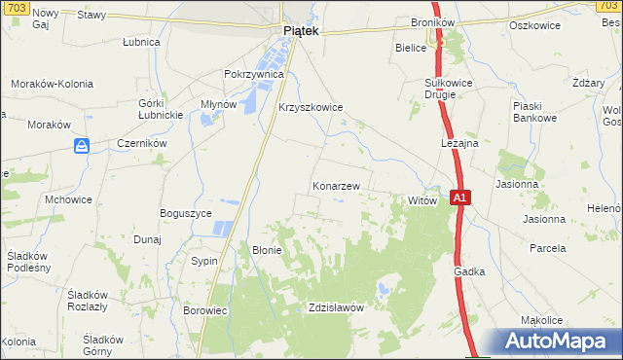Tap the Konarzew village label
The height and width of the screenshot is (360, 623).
pyautogui.click(x=337, y=185)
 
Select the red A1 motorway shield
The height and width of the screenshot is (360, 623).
pyautogui.click(x=461, y=198)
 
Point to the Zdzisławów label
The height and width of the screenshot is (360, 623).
pyautogui.click(x=335, y=306)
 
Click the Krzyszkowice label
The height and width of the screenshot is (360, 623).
pyautogui.click(x=311, y=108)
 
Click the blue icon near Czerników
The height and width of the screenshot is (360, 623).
pyautogui.click(x=83, y=146)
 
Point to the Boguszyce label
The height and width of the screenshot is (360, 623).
pyautogui.click(x=186, y=212)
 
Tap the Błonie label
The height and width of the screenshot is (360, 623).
pyautogui.click(x=267, y=250)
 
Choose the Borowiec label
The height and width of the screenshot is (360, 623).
pyautogui.click(x=204, y=310)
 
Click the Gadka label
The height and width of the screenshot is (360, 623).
pyautogui.click(x=468, y=273)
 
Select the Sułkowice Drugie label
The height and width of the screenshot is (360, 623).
pyautogui.click(x=449, y=90)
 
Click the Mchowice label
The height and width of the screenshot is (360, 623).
pyautogui.click(x=68, y=198)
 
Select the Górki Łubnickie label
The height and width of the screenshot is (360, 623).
pyautogui.click(x=162, y=109)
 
